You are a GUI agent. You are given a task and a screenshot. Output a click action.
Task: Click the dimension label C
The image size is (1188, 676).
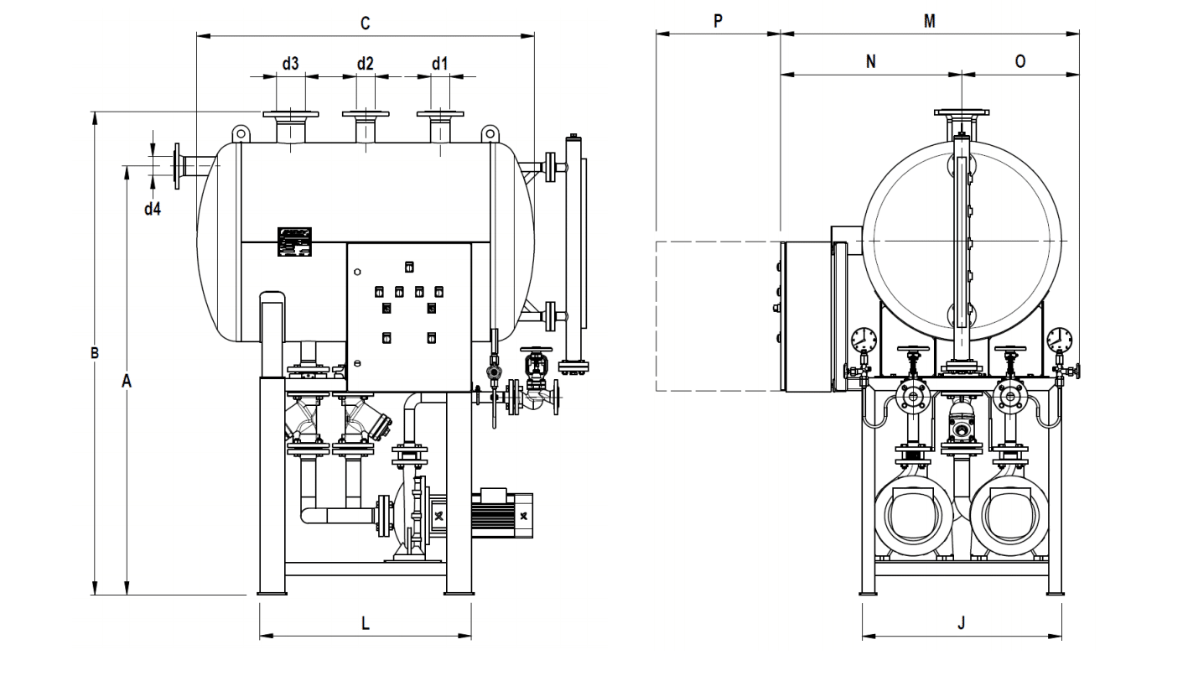[x=365, y=23]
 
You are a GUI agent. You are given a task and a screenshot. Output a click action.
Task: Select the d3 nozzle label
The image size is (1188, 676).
[x=290, y=63]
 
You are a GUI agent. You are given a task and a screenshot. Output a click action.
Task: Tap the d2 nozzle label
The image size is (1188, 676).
[x=365, y=63]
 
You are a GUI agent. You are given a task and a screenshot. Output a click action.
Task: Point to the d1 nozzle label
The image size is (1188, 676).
[x=440, y=63]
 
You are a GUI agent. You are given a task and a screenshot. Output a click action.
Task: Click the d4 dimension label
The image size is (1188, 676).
[x=152, y=209]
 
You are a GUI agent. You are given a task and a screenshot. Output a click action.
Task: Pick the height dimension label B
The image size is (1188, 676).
[x=95, y=353]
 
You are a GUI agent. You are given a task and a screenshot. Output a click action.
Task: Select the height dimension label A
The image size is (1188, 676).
[x=127, y=382]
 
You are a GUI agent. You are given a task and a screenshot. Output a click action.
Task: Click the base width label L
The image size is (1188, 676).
[x=365, y=623]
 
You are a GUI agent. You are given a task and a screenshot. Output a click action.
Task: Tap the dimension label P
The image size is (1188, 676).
[x=718, y=21]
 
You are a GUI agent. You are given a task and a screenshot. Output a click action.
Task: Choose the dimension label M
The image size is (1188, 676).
[x=929, y=21]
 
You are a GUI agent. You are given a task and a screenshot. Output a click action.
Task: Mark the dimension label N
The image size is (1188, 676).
[x=870, y=61]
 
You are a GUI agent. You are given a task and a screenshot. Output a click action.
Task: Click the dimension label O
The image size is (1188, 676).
[x=1020, y=61]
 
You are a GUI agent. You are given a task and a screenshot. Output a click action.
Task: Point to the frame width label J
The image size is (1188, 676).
[x=962, y=623]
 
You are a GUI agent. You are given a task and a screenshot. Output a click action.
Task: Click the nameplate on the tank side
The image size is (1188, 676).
[x=294, y=242]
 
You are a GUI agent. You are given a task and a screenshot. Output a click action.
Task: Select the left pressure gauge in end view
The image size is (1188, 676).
[x=864, y=340]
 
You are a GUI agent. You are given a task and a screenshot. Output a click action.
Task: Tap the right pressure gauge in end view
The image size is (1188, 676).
[x=1059, y=340]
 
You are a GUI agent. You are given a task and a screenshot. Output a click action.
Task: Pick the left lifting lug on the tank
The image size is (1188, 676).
[x=241, y=133]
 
